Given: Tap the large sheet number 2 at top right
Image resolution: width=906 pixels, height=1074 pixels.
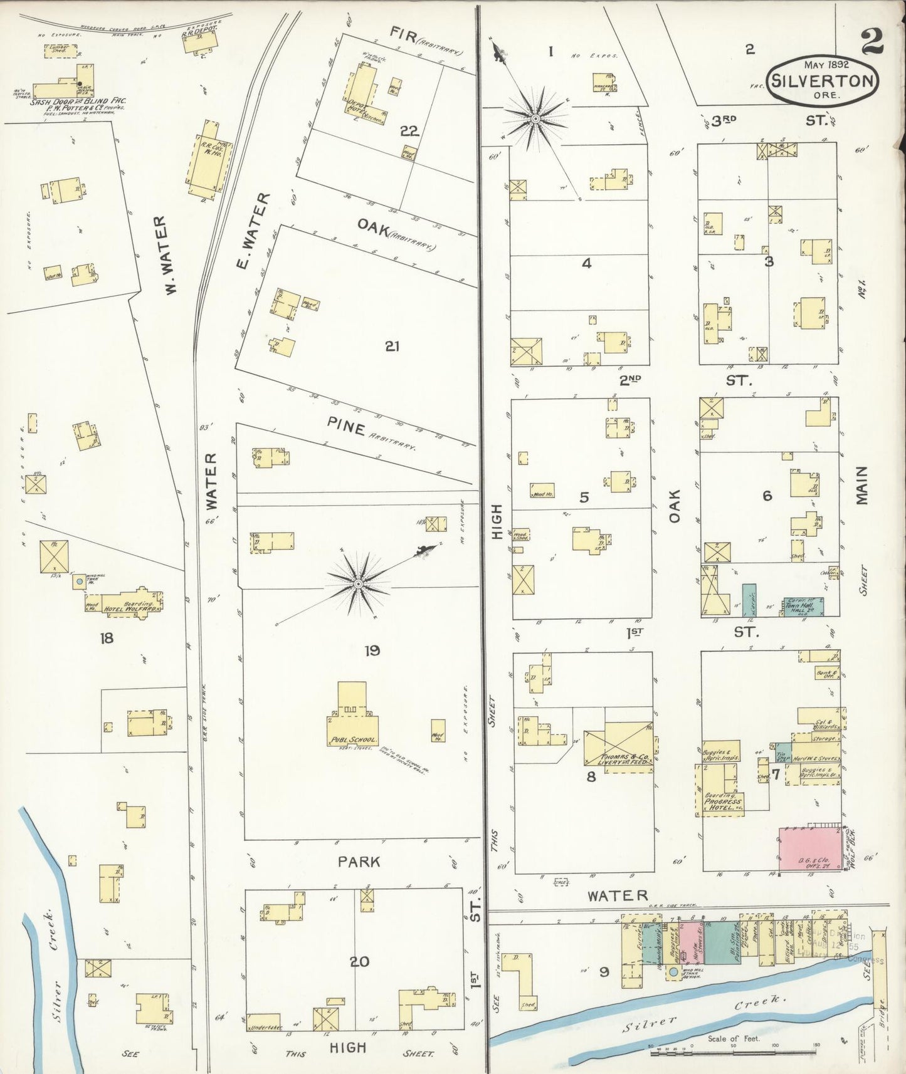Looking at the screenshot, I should [x=872, y=41].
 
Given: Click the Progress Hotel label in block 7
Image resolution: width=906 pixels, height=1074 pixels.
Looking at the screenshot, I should [x=722, y=804].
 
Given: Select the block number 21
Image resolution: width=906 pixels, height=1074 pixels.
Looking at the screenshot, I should [x=392, y=346].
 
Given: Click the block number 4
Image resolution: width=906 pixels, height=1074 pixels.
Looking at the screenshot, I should [x=586, y=263].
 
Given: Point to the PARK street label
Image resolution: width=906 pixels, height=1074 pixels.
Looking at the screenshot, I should [x=359, y=862].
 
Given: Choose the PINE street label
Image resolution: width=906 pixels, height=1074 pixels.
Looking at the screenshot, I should [x=345, y=429].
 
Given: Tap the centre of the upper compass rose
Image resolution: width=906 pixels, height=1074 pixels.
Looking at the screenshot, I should [x=536, y=118].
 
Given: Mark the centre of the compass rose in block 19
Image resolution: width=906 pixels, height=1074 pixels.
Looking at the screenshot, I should [x=358, y=584].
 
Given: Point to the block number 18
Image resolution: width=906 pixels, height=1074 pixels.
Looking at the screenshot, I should [x=107, y=638].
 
